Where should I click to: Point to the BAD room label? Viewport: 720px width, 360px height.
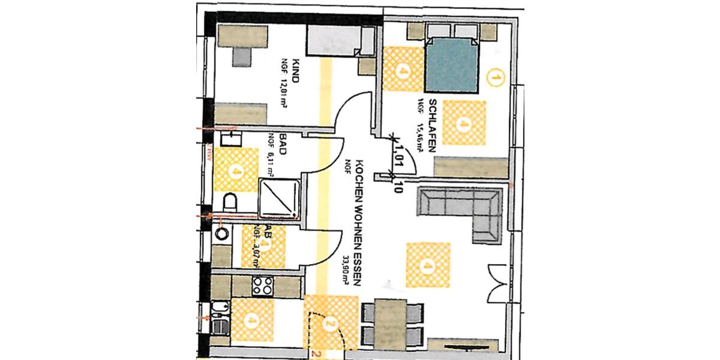(x=281, y=146)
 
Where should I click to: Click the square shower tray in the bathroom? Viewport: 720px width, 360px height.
(x=278, y=198)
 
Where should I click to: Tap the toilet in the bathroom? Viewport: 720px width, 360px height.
(x=229, y=200)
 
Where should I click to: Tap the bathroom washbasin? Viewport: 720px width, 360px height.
(x=230, y=140)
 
